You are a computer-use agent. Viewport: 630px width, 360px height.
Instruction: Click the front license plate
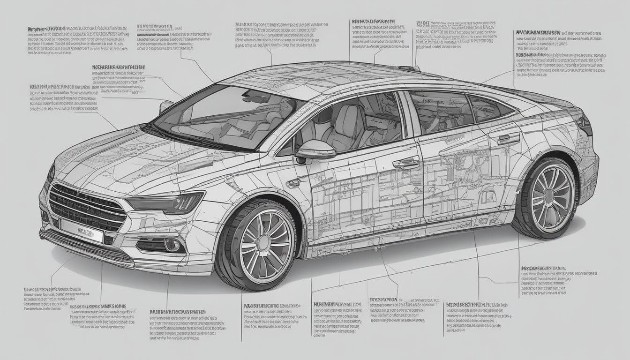point(82,231)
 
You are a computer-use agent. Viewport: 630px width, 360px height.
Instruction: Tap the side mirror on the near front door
point(315,150)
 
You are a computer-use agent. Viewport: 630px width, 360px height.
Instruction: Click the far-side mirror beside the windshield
point(165,106)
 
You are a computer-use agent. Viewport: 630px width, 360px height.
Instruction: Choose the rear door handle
point(509,139)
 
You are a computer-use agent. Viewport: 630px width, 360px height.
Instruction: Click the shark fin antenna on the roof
point(409,68)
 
